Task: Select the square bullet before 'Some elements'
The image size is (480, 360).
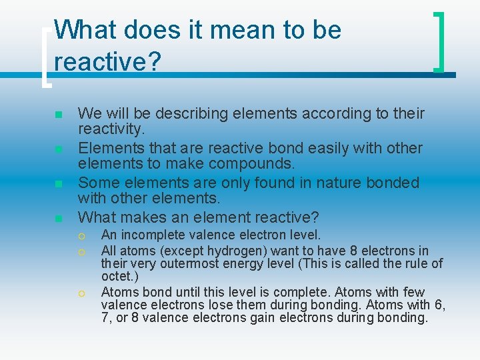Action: point(59,183)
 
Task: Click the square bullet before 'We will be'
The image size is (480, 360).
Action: point(59,114)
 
